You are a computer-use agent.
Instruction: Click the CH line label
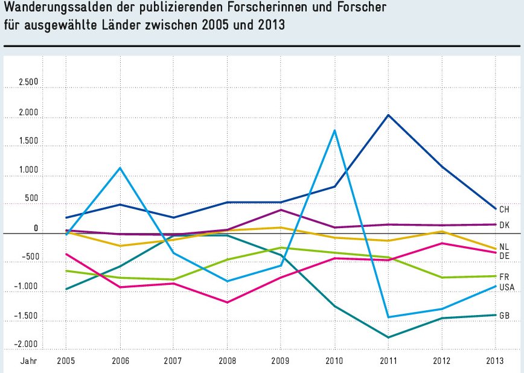504,209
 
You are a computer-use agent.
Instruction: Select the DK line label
504,225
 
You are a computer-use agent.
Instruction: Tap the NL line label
504,247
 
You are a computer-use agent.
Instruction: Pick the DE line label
504,256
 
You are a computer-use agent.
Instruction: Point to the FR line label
504,276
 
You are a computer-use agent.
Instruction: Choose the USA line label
506,287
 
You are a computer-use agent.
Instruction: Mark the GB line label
504,315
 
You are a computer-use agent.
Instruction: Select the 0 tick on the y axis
36,228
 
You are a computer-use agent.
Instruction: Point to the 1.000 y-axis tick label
28,170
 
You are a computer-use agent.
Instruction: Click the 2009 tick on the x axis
280,360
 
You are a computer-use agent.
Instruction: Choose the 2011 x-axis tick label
388,360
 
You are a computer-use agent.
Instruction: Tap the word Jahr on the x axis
28,360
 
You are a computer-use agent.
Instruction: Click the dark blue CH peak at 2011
388,115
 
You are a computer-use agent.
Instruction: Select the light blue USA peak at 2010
334,130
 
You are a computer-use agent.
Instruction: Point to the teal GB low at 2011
388,337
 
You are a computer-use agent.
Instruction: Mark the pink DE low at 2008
227,302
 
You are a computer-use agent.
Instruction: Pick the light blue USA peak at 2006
120,168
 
